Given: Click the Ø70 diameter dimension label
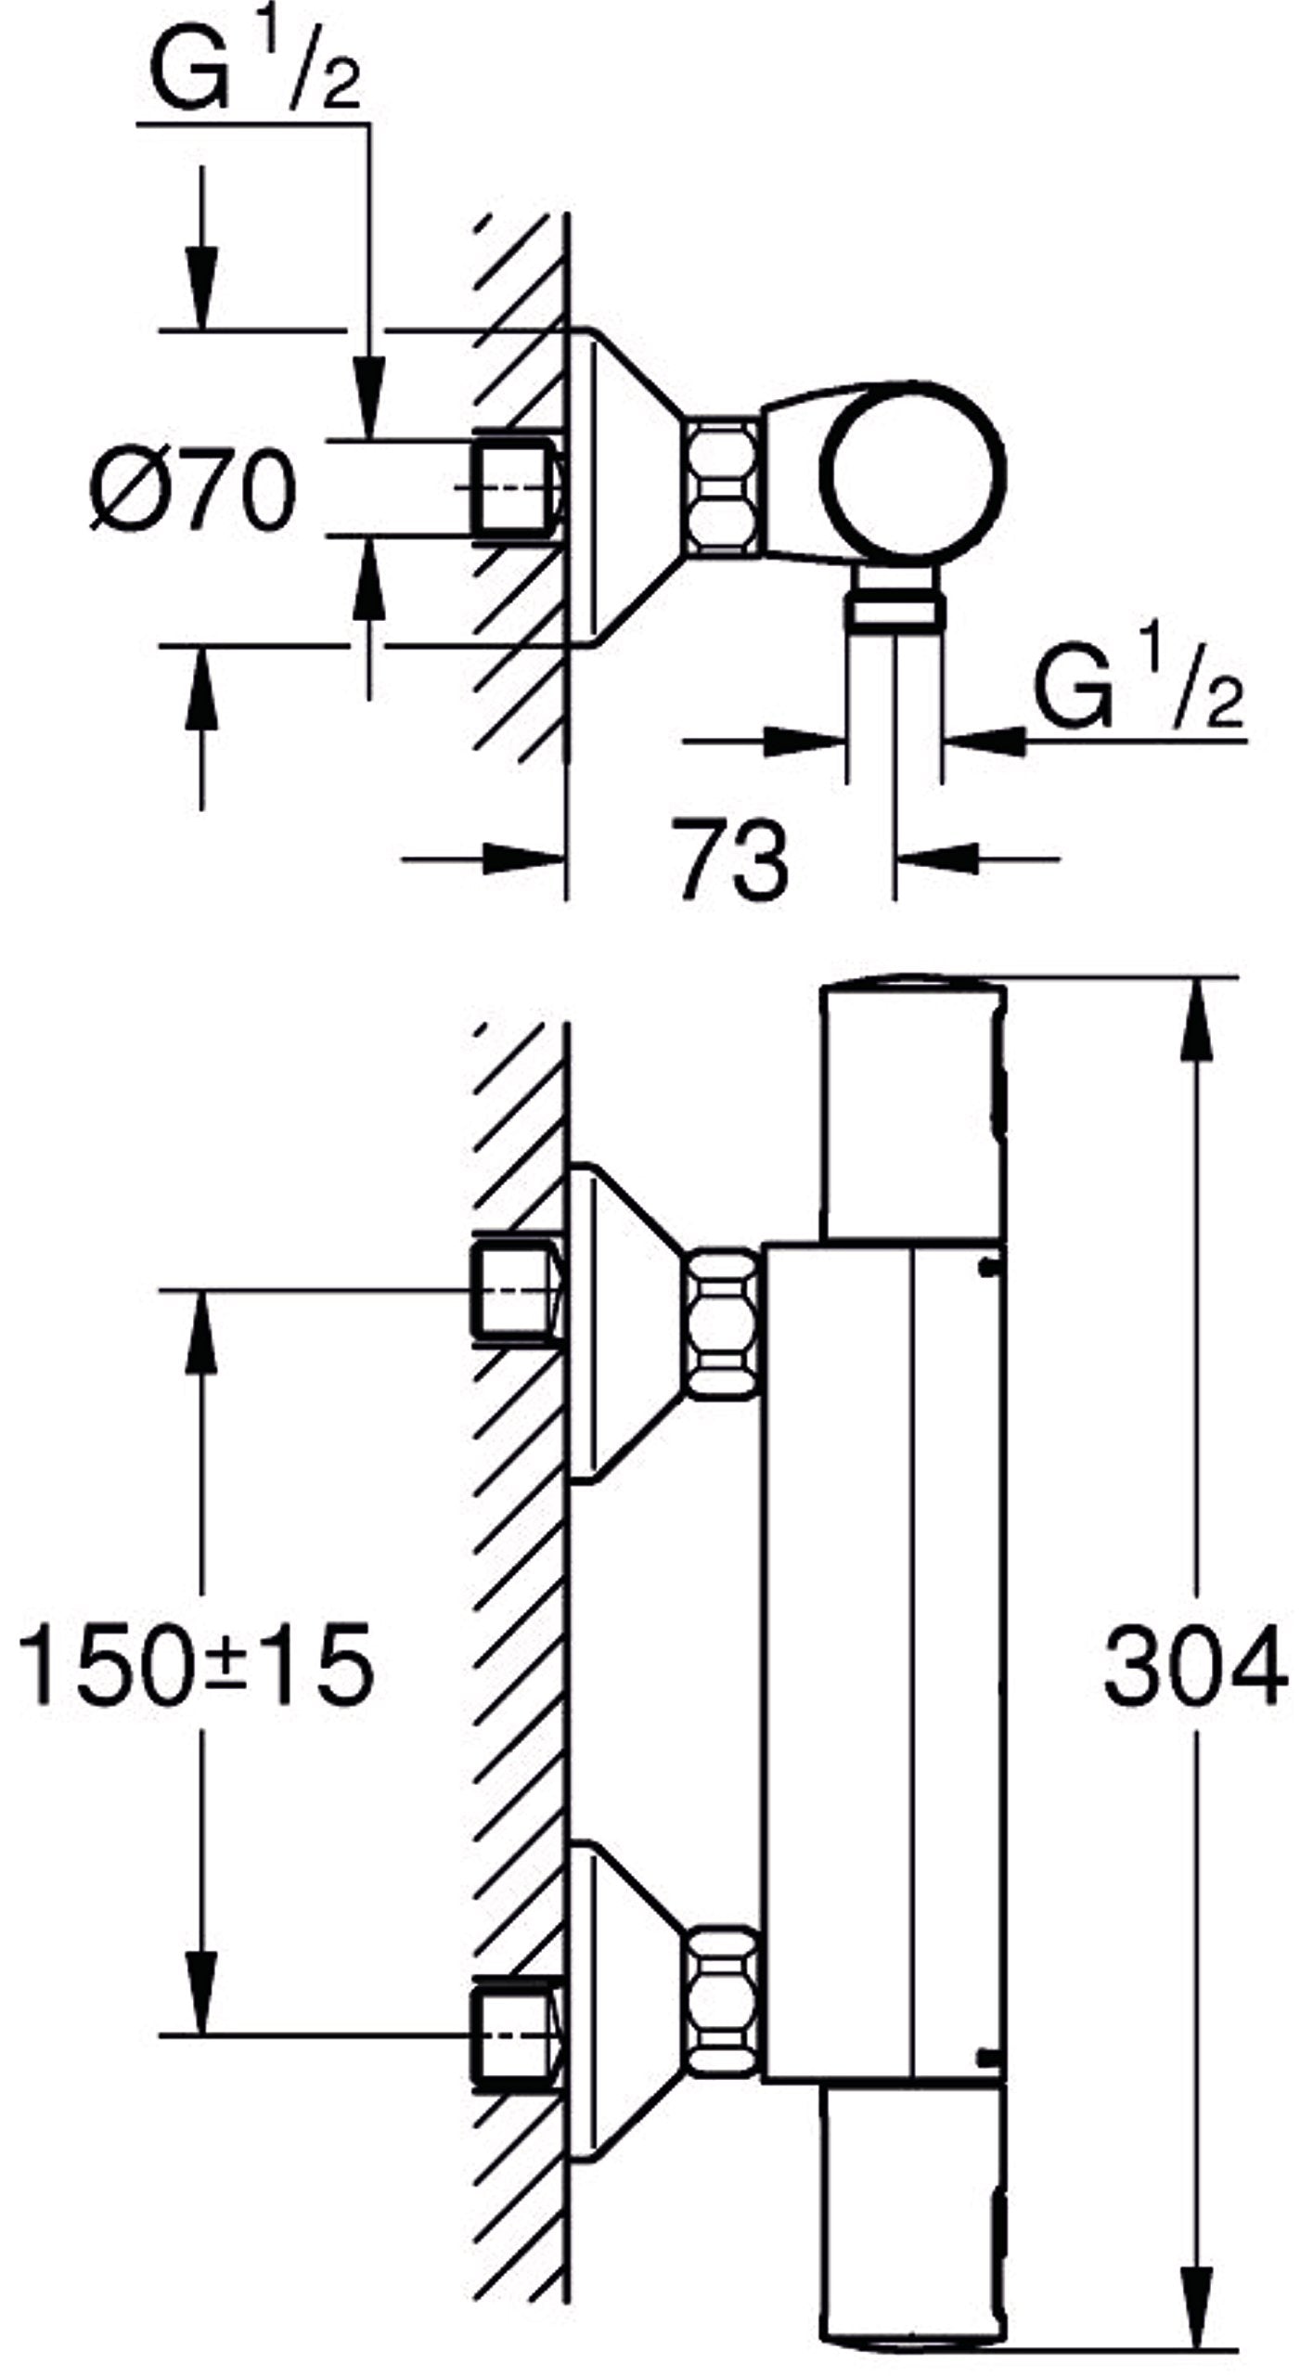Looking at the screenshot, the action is pos(193,488).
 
